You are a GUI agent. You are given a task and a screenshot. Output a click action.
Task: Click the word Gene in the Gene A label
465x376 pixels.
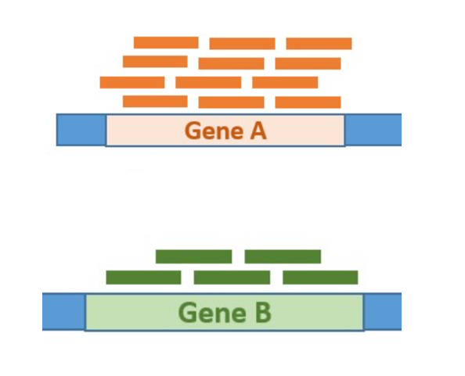point(214,131)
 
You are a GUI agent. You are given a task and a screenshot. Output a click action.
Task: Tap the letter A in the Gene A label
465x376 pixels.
point(258,131)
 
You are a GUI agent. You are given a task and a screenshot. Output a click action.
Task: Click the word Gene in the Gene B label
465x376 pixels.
point(212,313)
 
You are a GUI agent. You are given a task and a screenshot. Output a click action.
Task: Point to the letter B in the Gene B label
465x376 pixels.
point(263,313)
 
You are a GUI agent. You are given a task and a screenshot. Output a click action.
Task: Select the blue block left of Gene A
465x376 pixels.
point(81,130)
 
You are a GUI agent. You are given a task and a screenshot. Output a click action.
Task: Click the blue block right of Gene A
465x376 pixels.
point(373,130)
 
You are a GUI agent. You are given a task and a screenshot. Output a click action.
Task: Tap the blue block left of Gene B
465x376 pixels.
point(64,311)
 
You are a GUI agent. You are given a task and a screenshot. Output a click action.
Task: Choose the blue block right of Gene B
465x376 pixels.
point(383,311)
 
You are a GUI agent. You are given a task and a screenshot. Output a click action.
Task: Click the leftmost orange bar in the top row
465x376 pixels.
point(166,43)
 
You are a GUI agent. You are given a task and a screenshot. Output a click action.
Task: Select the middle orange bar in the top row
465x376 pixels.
point(243,44)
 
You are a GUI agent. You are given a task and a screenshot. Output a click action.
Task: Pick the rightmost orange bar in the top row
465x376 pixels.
point(319,44)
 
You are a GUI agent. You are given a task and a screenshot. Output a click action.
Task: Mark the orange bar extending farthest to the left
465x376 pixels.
point(132,82)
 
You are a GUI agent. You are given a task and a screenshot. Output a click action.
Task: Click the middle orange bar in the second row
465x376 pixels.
point(231,63)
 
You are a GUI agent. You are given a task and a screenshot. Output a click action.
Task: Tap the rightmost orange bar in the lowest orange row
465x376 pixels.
point(308,102)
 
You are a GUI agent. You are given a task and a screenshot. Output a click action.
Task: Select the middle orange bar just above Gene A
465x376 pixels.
point(231,102)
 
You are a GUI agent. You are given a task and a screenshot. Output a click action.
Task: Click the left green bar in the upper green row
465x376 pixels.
point(194,256)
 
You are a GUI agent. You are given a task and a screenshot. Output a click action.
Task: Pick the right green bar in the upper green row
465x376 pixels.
point(283,256)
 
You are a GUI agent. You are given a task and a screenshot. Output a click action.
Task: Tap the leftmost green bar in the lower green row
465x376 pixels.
point(143,278)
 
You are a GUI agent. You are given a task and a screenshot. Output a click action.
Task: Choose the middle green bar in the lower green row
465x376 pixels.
point(232,278)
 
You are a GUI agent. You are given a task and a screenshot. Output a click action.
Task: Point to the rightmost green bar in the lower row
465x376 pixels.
point(320,278)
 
